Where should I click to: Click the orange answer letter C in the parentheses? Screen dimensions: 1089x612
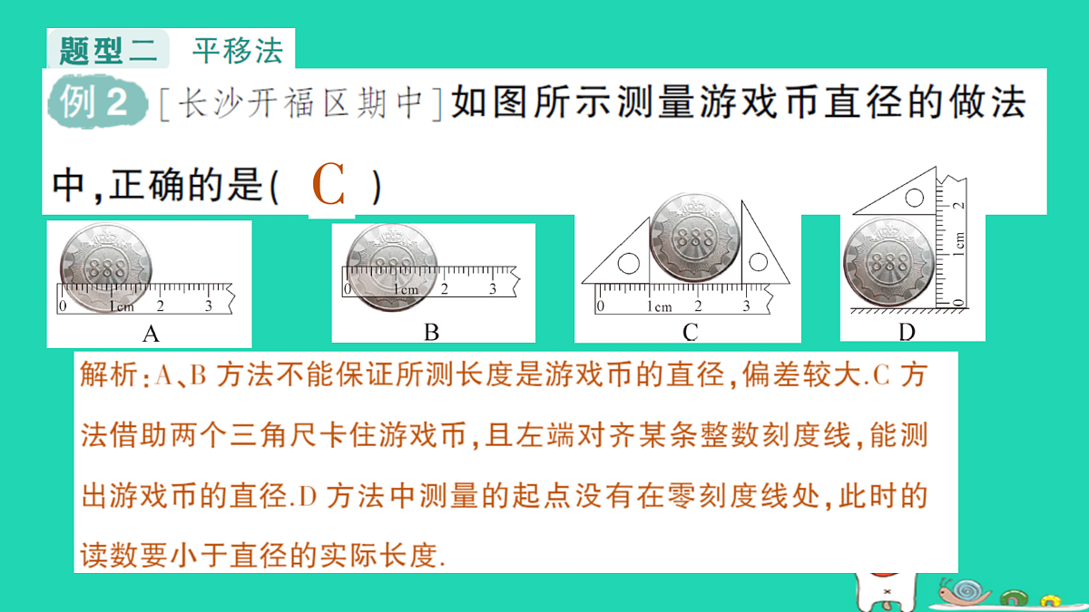point(329,185)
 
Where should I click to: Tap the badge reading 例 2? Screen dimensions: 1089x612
point(97,102)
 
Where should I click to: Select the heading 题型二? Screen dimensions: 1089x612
point(108,50)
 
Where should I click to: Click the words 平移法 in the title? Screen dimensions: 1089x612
point(238,50)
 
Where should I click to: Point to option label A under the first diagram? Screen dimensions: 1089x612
point(151,334)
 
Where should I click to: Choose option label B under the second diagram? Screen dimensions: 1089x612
point(432,333)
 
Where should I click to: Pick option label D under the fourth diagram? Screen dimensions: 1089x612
point(907,333)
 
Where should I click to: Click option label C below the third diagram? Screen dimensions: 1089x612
point(691,333)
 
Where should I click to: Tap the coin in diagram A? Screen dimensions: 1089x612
point(106,267)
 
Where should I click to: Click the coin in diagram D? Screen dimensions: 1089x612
point(888,263)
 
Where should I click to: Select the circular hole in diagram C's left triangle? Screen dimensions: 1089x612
point(629,263)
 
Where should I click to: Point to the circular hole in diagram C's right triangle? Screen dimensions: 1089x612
point(759,262)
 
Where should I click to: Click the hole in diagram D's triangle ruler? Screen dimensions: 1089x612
point(915,198)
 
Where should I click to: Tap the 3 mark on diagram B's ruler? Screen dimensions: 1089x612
point(493,289)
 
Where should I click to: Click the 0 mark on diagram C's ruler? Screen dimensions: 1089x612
point(601,306)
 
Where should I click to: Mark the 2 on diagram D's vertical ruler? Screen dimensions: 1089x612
point(958,205)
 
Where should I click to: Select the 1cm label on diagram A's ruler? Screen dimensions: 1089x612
point(121,306)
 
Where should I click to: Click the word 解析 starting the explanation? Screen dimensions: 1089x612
point(109,375)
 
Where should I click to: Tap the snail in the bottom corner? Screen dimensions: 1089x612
point(964,591)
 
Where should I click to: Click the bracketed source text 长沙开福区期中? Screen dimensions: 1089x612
point(300,102)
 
